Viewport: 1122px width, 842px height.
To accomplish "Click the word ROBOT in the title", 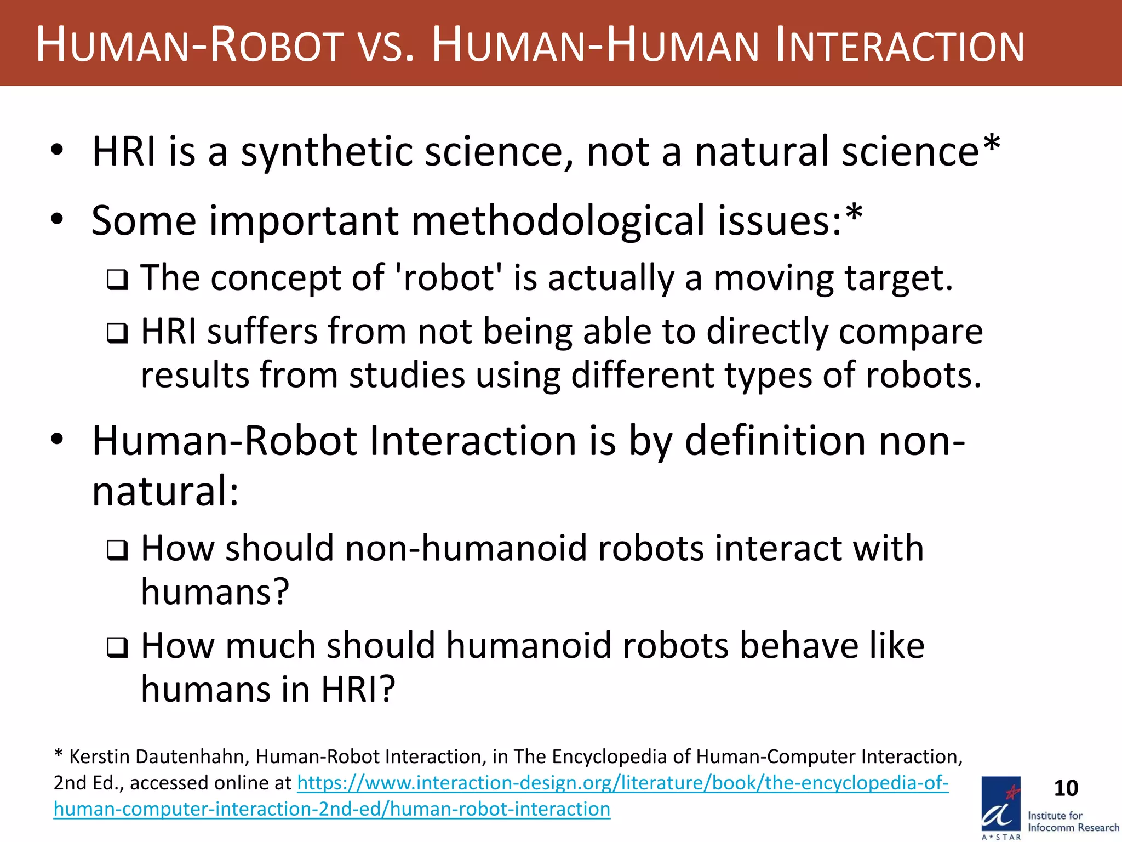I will [x=277, y=46].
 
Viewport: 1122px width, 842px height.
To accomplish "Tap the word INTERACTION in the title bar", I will [x=899, y=46].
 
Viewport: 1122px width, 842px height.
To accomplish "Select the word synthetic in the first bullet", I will [x=327, y=152].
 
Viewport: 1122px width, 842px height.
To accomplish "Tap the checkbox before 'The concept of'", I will [x=117, y=280].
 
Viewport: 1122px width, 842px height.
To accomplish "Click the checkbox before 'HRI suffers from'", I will [x=117, y=333].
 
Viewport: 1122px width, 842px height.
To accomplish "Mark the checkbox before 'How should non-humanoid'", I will [x=117, y=550].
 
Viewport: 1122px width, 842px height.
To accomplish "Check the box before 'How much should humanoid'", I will [x=117, y=647].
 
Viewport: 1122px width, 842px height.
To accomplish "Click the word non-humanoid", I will [x=465, y=548].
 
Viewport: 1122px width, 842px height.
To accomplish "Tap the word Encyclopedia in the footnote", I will [x=609, y=756].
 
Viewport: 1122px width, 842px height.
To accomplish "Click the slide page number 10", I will [x=1066, y=788].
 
